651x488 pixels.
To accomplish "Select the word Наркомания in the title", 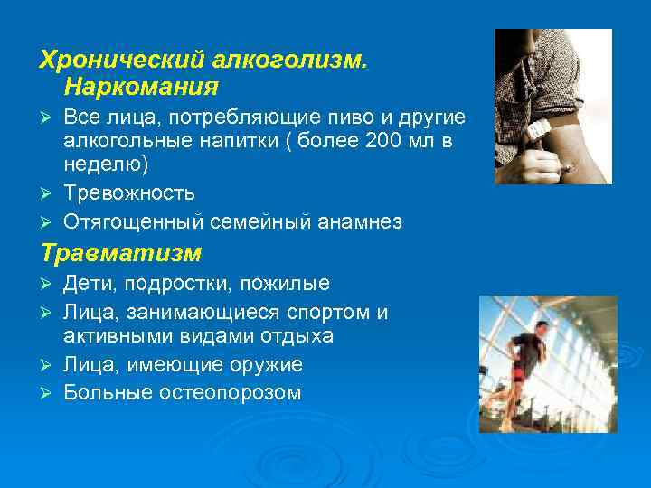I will [x=141, y=88].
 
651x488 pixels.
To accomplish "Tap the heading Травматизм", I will [x=119, y=253].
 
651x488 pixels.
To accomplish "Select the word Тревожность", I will [x=128, y=192].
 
